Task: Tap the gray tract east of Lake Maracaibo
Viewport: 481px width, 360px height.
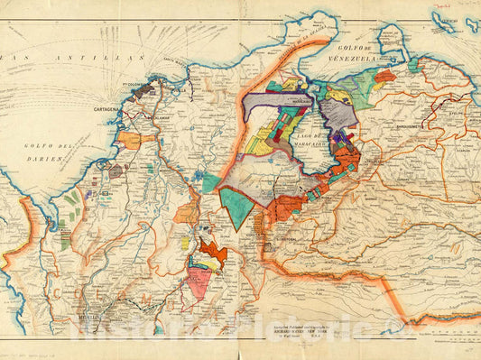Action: [x=338, y=114]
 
